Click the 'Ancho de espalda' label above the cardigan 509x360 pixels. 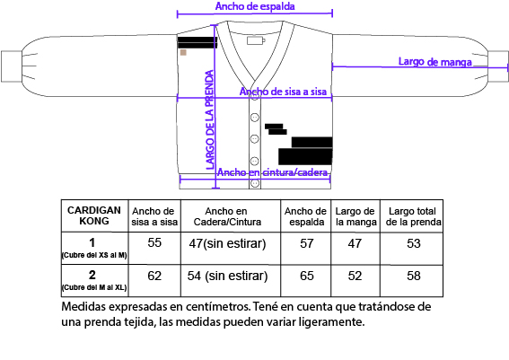[255, 6]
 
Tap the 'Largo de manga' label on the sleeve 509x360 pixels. [435, 61]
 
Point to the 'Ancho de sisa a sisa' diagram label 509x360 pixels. [283, 92]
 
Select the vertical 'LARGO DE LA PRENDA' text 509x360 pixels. [210, 119]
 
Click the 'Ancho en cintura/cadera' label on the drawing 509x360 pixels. [272, 172]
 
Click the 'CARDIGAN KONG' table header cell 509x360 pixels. [94, 215]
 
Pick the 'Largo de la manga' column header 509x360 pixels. [355, 216]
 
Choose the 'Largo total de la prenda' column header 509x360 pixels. [413, 216]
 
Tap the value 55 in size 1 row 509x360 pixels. [154, 242]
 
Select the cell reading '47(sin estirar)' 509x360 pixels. [227, 243]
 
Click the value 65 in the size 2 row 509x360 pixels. [307, 276]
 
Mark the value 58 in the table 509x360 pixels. [414, 276]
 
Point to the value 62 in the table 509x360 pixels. [154, 276]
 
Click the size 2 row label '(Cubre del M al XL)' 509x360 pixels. [94, 287]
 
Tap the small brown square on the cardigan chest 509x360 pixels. [183, 53]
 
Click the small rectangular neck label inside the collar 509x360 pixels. [256, 40]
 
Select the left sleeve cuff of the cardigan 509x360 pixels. [12, 66]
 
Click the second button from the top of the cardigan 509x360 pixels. [255, 118]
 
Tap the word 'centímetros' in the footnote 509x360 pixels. [218, 306]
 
